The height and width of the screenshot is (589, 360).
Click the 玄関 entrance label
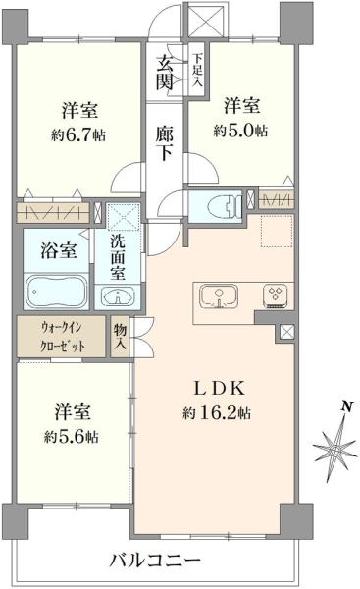pyautogui.click(x=165, y=73)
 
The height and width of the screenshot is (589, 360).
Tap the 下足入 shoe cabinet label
pyautogui.click(x=197, y=71)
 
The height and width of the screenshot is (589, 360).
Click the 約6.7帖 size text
pyautogui.click(x=78, y=134)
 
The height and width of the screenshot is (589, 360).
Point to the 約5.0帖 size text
pyautogui.click(x=240, y=131)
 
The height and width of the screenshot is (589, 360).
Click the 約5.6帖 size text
pyautogui.click(x=72, y=437)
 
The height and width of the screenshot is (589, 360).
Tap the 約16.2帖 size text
pyautogui.click(x=217, y=413)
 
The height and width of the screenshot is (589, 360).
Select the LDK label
pyautogui.click(x=219, y=388)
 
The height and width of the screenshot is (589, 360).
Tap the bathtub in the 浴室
pyautogui.click(x=57, y=293)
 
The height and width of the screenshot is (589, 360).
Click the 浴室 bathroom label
pyautogui.click(x=59, y=250)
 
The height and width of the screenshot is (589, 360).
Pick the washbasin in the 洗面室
pyautogui.click(x=119, y=297)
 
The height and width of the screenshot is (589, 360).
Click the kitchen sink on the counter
pyautogui.click(x=219, y=296)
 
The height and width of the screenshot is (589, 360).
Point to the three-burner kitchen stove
pyautogui.click(x=276, y=296)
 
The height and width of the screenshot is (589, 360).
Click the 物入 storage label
pyautogui.click(x=120, y=337)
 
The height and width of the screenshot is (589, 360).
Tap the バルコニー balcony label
pyautogui.click(x=155, y=562)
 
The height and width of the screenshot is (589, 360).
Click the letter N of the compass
pyautogui.click(x=347, y=406)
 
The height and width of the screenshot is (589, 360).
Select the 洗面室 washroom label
pyautogui.click(x=118, y=257)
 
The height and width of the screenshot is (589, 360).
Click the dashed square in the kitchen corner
pyautogui.click(x=277, y=232)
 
